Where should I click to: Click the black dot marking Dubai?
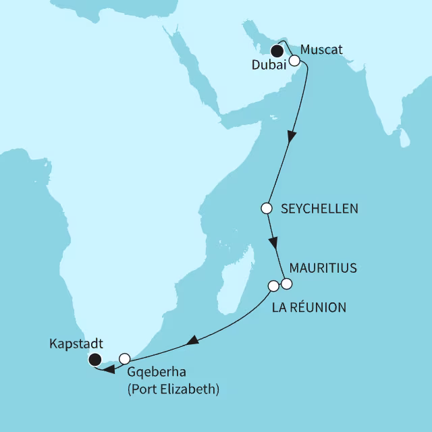pyautogui.click(x=277, y=50)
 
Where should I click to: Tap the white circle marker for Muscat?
pyautogui.click(x=294, y=60)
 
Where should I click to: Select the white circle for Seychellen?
pyautogui.click(x=266, y=208)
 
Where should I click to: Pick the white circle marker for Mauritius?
pyautogui.click(x=287, y=283)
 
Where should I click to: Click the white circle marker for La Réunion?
pyautogui.click(x=273, y=286)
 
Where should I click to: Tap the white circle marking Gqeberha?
pyautogui.click(x=124, y=358)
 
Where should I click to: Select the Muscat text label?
pyautogui.click(x=323, y=49)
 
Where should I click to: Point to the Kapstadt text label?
pyautogui.click(x=77, y=342)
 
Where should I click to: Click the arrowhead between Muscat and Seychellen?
pyautogui.click(x=290, y=136)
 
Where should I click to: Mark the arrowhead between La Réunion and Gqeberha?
pyautogui.click(x=192, y=341)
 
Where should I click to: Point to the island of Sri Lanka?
pyautogui.click(x=404, y=138)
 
